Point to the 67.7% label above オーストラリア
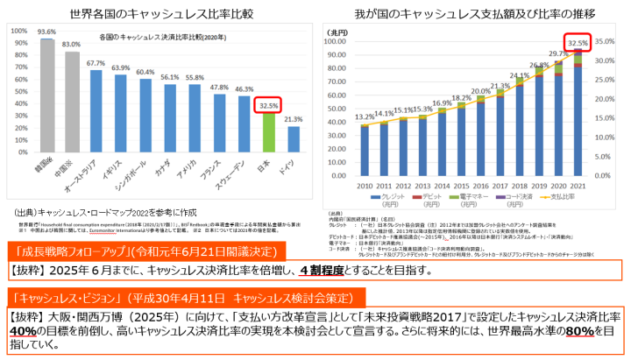[x=96, y=63]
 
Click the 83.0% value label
[x=72, y=44]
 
